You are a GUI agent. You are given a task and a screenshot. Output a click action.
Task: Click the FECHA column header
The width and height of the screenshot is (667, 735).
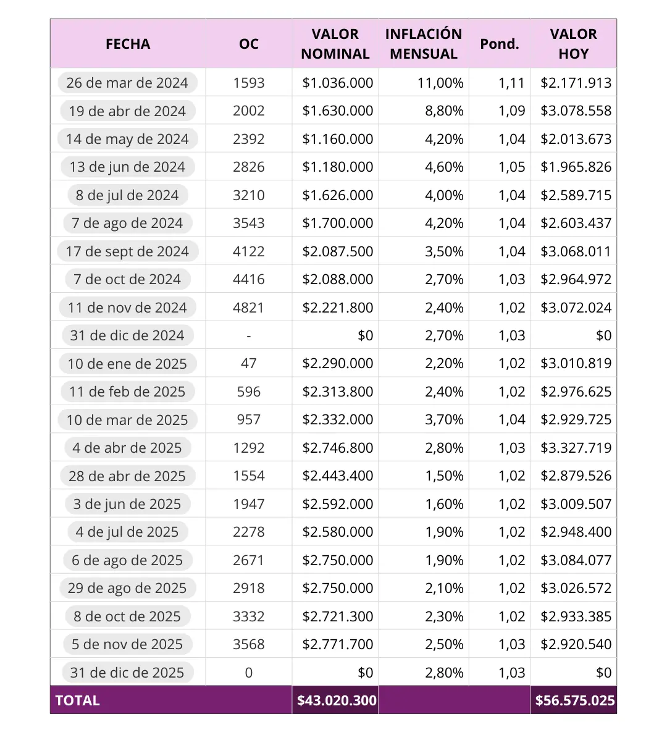point(128,44)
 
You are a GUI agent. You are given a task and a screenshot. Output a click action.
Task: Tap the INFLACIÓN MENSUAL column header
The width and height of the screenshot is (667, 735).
point(424,44)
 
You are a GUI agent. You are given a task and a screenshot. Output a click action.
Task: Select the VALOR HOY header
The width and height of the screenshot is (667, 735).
point(573,44)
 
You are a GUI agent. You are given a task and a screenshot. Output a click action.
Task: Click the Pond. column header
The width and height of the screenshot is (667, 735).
point(499,44)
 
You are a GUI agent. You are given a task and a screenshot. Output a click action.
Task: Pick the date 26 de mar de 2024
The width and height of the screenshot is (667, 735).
point(127,83)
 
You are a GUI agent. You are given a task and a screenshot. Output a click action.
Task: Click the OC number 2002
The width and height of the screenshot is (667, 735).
point(249,111)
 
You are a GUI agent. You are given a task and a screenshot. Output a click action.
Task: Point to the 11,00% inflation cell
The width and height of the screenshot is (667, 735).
point(440,83)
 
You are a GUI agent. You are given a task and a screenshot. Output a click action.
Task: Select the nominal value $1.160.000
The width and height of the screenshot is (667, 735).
point(337,139)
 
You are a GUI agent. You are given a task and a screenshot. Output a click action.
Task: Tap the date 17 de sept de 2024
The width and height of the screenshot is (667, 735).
point(127,251)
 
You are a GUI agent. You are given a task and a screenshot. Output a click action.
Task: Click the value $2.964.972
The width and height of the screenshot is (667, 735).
point(576,279)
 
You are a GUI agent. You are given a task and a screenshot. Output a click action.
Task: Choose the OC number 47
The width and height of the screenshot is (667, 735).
point(249,363)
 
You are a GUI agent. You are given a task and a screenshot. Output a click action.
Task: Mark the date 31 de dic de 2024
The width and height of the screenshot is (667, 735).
point(127,335)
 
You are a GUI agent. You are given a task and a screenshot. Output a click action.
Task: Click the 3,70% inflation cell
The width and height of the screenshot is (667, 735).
point(444,419)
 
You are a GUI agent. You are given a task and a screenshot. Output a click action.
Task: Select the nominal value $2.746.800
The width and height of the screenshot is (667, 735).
point(337,448)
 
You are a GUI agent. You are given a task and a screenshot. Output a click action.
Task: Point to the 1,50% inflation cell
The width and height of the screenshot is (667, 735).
point(444,476)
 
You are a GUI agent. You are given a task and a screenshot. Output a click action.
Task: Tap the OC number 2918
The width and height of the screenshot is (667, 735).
point(249,588)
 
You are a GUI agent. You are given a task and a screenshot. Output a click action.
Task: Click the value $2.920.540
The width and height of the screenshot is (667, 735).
point(576,644)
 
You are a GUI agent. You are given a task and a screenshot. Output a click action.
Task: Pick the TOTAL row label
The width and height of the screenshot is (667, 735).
point(78,700)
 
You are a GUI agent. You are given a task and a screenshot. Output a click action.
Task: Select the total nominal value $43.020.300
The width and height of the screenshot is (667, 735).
point(337,700)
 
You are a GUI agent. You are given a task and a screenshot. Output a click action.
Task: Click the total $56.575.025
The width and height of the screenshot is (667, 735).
point(575,700)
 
